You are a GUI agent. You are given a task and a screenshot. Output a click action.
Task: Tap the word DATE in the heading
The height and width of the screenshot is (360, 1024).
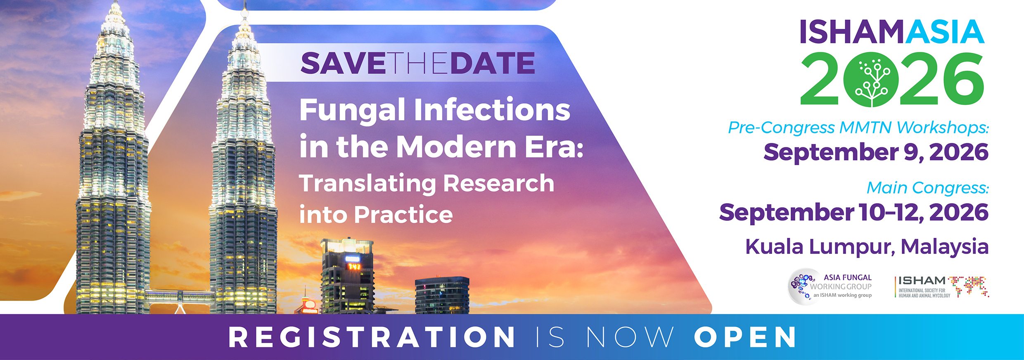[x=493, y=63]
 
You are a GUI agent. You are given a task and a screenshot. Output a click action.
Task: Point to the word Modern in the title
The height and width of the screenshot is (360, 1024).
[x=456, y=147]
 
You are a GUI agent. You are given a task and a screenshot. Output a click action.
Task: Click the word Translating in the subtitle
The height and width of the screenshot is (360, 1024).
[x=367, y=184]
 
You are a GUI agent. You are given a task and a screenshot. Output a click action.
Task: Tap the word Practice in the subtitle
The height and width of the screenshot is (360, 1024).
[x=403, y=215]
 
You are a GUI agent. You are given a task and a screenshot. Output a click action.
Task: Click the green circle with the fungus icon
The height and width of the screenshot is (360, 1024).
[x=872, y=79]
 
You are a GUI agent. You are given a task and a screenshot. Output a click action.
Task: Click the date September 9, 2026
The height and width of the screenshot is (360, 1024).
[x=876, y=152]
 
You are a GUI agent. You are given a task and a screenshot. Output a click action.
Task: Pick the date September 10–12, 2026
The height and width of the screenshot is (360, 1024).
[x=854, y=213]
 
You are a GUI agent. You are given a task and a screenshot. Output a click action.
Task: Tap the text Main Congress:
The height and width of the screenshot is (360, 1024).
[x=928, y=188]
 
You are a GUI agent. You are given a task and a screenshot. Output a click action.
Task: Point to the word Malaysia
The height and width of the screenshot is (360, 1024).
[x=944, y=247]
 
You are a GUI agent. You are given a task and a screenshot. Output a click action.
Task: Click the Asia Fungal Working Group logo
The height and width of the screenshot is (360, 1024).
[x=830, y=287]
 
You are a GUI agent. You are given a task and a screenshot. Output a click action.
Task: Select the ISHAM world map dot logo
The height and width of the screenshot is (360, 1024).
[x=968, y=287]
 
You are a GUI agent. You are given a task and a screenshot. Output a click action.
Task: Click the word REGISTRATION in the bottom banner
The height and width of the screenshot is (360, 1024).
[x=372, y=337]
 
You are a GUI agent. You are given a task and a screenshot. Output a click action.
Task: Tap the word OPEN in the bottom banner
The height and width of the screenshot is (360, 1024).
[x=745, y=337]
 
